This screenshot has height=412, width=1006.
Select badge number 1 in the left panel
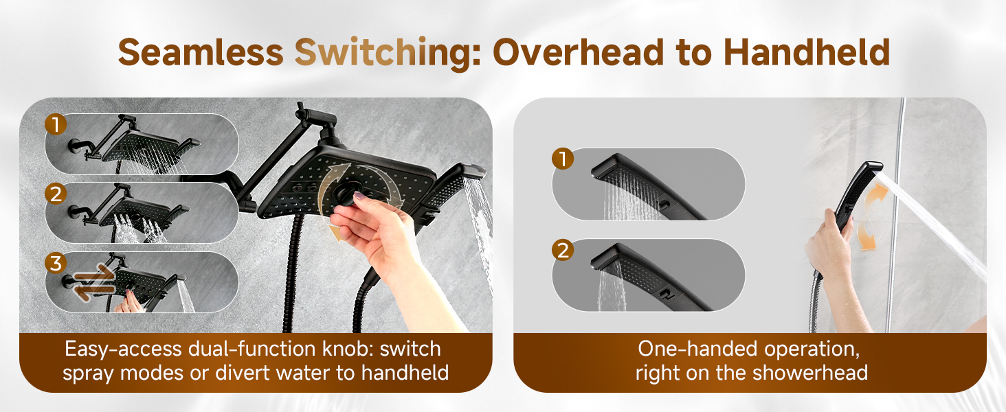coord(56,124)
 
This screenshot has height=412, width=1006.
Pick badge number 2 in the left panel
coord(56,194)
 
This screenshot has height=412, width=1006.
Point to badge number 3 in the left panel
coord(56,263)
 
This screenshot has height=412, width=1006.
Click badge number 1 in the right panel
coord(563,159)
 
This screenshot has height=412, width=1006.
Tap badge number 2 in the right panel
coord(563,251)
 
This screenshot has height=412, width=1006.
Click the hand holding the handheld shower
coord(828,240)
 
